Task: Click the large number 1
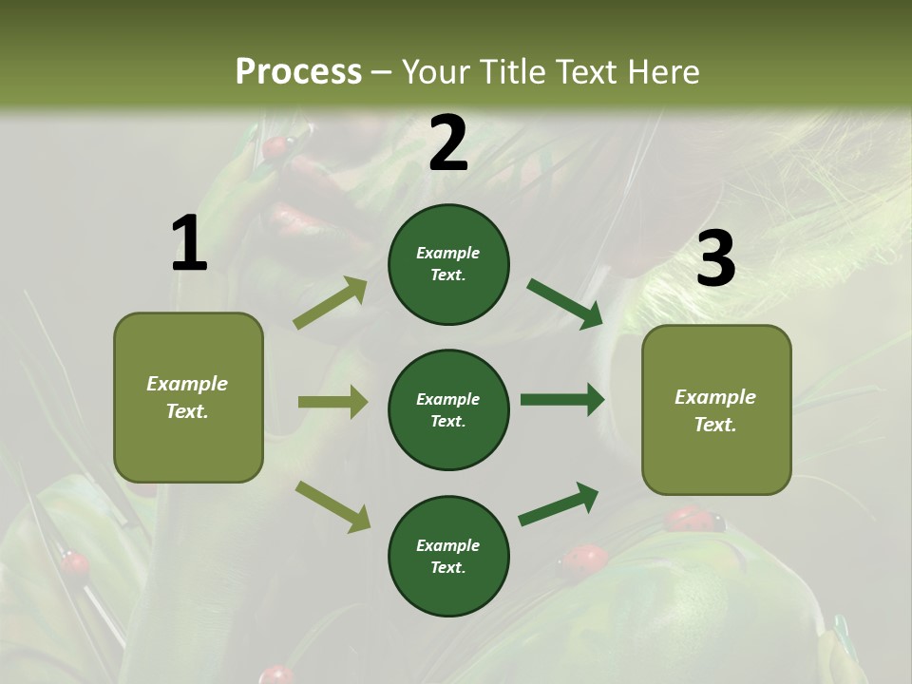[189, 244]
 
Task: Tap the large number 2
[448, 144]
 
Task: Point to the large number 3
[715, 258]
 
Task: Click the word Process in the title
[298, 71]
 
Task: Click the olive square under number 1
[188, 397]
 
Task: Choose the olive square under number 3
[716, 410]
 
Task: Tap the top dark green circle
[448, 264]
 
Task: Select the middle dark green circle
[448, 409]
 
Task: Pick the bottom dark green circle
[448, 556]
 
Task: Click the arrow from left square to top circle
[331, 303]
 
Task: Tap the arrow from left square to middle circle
[332, 402]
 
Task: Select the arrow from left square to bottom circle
[332, 505]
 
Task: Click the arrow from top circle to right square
[564, 304]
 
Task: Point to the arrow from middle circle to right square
[562, 400]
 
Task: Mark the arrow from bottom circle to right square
[559, 504]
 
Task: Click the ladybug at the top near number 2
[276, 147]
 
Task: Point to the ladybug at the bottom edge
[276, 675]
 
